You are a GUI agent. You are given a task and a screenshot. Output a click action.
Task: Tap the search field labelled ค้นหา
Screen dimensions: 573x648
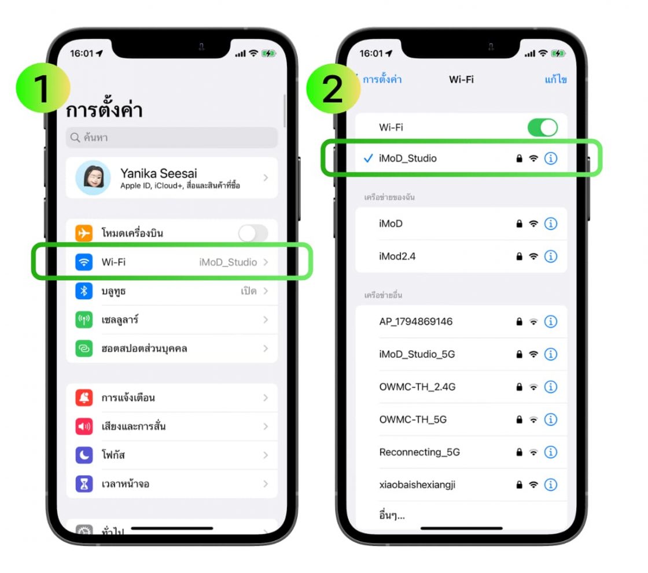click(172, 138)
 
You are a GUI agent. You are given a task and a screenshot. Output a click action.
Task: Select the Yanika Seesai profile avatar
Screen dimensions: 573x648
click(93, 178)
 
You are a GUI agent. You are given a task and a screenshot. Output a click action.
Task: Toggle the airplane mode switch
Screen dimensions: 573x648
click(253, 233)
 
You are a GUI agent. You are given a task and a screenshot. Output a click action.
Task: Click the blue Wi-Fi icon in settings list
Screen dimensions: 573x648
click(84, 262)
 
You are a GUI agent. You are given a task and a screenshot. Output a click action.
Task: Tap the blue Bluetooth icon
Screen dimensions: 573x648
click(84, 291)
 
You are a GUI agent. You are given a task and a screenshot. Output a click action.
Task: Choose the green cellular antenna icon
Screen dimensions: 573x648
click(84, 320)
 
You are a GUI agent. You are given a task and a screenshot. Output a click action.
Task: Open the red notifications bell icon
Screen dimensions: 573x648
click(84, 398)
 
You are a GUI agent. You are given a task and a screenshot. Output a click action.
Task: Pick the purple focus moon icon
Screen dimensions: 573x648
click(84, 455)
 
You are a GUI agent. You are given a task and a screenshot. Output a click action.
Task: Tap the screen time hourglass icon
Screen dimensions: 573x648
click(84, 484)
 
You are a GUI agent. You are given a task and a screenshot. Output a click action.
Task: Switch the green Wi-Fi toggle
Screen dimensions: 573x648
click(542, 127)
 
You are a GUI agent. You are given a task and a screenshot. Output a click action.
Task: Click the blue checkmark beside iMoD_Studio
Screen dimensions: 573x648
click(368, 158)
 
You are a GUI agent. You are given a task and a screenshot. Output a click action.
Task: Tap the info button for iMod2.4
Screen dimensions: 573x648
click(551, 256)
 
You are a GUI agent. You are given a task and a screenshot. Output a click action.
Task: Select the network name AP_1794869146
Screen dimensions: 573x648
click(415, 322)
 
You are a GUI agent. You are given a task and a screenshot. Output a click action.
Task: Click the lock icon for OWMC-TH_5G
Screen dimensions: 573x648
click(519, 420)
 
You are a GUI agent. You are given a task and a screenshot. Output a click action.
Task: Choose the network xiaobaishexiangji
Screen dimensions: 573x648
click(417, 484)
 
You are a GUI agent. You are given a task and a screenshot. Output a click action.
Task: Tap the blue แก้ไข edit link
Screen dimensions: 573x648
click(555, 79)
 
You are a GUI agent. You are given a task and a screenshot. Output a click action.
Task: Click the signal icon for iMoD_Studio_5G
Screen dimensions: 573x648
click(533, 354)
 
